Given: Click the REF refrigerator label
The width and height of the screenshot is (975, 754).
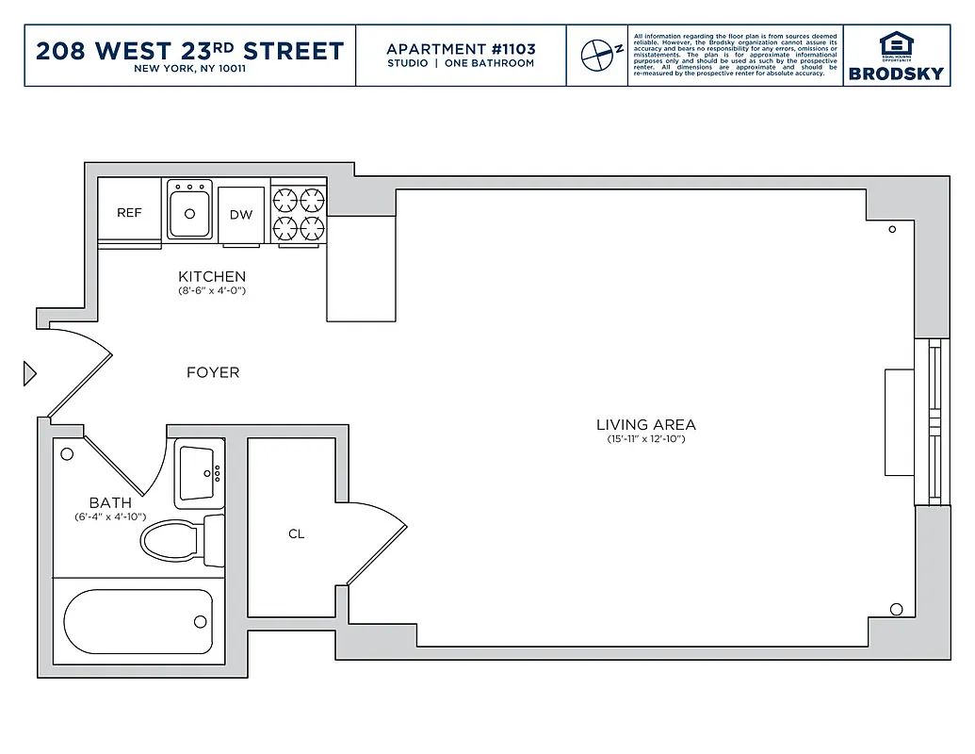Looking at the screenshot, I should tap(129, 213).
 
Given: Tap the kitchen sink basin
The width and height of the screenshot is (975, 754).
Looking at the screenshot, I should tap(190, 211).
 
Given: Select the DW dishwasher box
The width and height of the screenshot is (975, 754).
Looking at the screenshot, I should tap(241, 215).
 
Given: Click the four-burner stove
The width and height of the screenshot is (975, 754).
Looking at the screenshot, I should tap(299, 213).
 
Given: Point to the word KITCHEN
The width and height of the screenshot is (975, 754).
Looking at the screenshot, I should tap(212, 276).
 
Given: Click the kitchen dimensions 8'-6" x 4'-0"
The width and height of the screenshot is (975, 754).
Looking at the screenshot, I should tap(212, 291).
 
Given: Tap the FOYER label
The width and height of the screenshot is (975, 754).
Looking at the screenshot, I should tap(213, 372).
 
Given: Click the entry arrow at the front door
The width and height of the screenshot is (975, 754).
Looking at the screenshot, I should tap(29, 374).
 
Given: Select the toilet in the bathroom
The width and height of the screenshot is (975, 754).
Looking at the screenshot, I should tap(179, 541).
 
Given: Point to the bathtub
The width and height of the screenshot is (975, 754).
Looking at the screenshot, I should tap(138, 621).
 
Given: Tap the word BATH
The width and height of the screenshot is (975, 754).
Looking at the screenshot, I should tap(110, 502).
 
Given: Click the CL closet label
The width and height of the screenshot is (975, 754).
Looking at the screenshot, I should tap(296, 534).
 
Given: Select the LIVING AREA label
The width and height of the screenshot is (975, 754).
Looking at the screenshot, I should tap(646, 425).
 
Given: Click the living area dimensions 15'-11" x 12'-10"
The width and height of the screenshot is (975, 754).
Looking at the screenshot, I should tap(646, 440).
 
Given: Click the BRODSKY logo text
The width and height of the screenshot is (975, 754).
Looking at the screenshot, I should tap(896, 74).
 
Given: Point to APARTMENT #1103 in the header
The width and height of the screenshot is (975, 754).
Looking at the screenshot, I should tap(461, 49).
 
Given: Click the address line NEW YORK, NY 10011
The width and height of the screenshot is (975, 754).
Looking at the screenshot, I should tap(189, 69).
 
